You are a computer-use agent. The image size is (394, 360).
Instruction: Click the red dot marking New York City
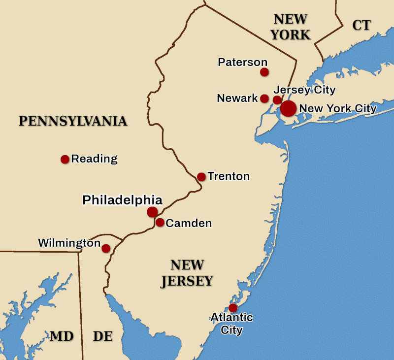(x=289, y=108)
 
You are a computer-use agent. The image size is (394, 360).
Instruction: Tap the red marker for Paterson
(x=264, y=72)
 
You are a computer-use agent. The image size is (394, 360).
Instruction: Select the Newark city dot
(x=264, y=98)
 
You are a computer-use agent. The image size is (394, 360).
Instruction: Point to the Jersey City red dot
(x=277, y=100)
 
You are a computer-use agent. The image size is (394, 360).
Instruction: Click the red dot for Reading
(x=65, y=159)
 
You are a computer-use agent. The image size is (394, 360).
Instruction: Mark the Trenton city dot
(x=201, y=177)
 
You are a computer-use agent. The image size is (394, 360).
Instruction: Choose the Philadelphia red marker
(x=152, y=212)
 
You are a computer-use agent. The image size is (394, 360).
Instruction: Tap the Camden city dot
(x=160, y=223)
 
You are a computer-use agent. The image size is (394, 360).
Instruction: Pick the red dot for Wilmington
(x=106, y=248)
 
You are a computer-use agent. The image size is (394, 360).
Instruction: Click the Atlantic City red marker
(x=233, y=308)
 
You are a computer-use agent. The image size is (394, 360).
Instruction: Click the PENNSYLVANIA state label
(x=73, y=121)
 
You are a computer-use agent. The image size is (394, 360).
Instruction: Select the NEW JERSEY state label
(x=187, y=273)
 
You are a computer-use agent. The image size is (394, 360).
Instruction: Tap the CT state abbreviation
(x=361, y=26)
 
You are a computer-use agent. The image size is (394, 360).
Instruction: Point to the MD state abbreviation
(x=62, y=336)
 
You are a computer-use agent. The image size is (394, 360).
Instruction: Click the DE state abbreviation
(x=103, y=336)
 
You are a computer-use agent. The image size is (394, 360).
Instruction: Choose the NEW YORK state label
(x=291, y=27)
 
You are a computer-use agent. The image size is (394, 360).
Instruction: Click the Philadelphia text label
(x=122, y=200)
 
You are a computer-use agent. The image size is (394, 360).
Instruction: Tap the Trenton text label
(x=229, y=176)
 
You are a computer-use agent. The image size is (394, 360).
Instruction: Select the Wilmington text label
(x=69, y=243)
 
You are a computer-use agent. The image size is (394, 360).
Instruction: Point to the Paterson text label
(x=242, y=63)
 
